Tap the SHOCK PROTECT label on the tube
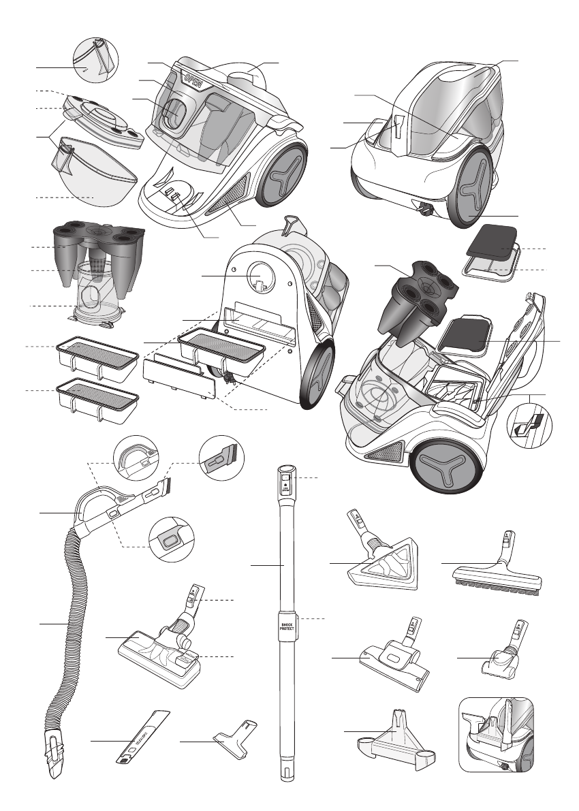tap(286, 626)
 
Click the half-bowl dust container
tap(95, 174)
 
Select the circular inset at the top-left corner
tap(95, 62)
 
